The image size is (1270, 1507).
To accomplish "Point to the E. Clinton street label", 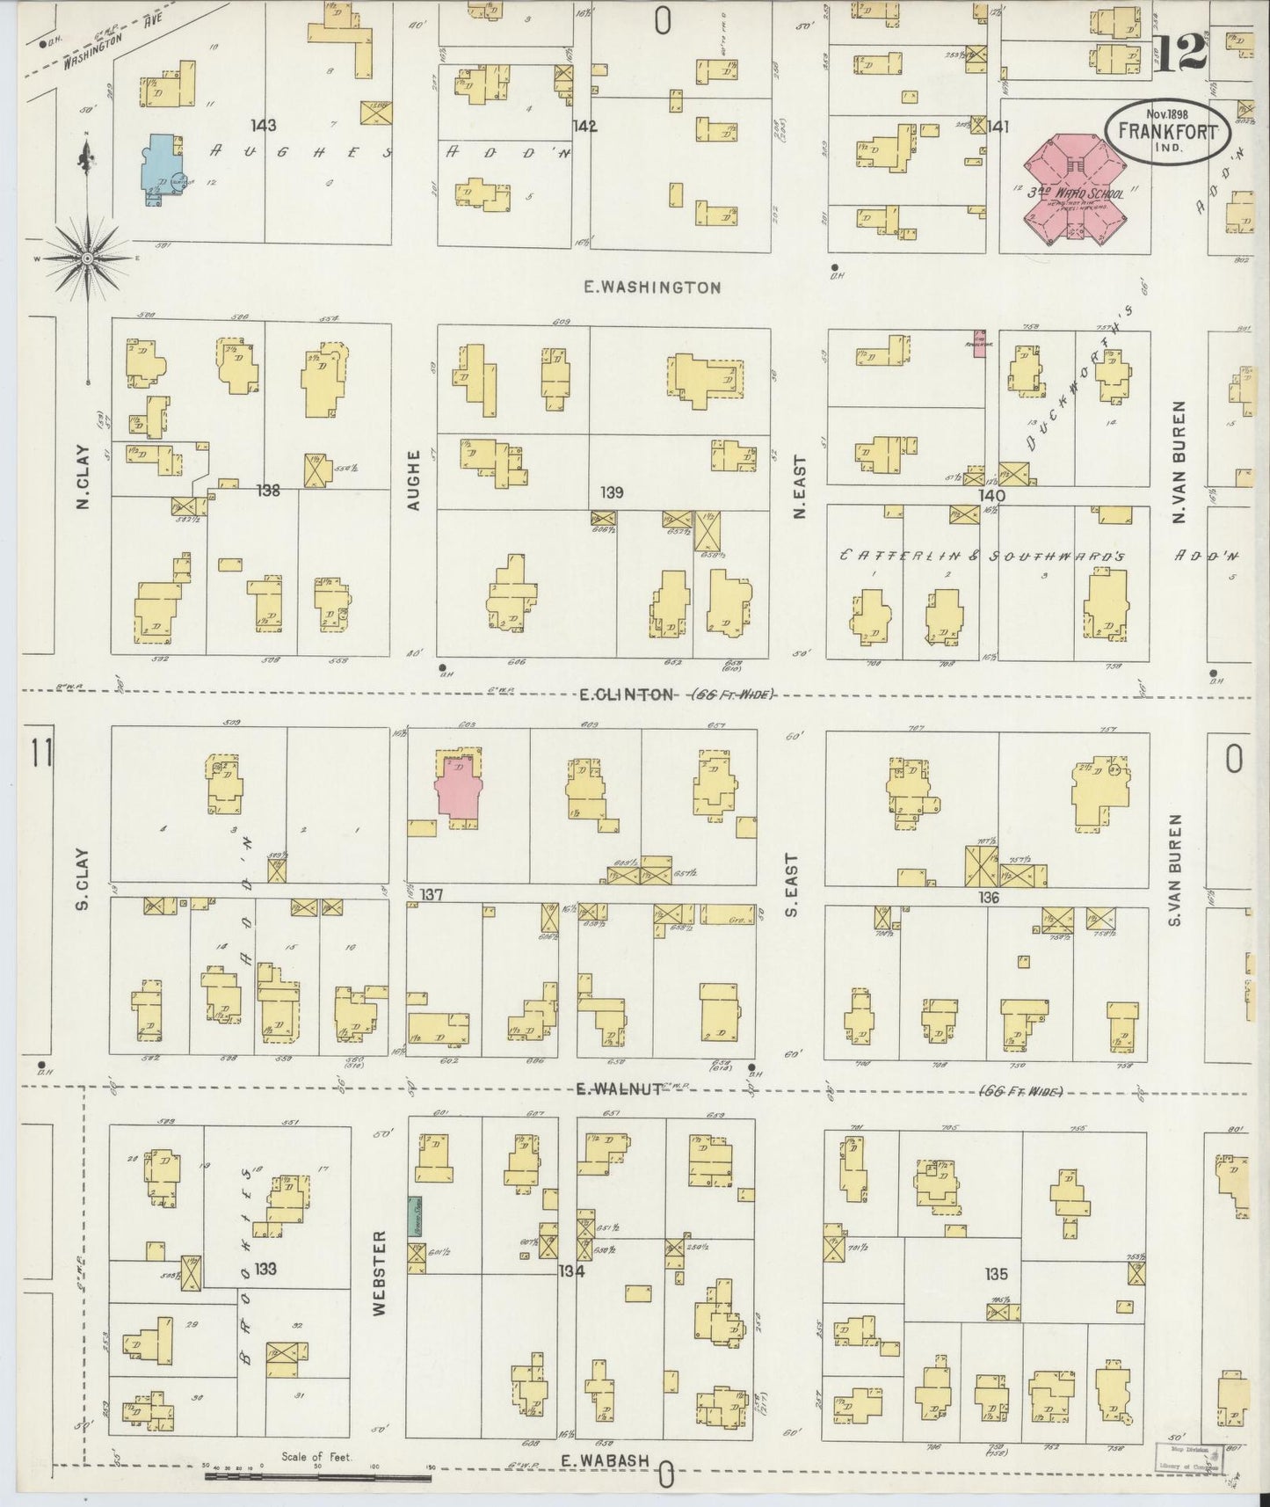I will point(625,695).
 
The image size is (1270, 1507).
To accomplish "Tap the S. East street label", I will point(791,885).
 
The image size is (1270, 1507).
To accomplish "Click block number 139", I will point(613,493).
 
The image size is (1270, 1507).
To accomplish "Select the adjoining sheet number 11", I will point(40,753).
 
